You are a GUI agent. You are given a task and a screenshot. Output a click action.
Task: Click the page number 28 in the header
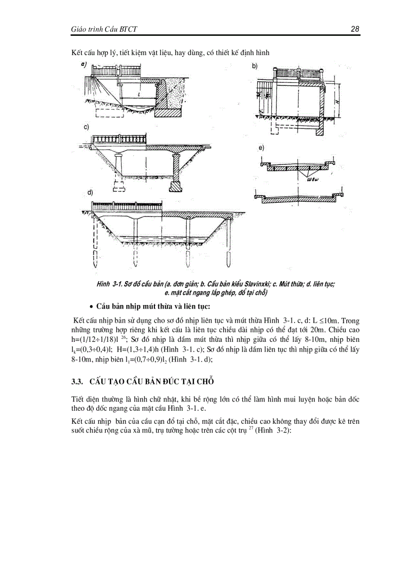(x=354, y=29)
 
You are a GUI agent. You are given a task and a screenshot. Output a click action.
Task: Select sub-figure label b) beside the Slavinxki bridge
(x=255, y=66)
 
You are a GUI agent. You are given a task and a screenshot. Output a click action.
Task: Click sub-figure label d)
(x=89, y=194)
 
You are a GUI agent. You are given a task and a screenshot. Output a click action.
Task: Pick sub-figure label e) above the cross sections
(x=261, y=148)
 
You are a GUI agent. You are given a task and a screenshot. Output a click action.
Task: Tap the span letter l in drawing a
(x=138, y=95)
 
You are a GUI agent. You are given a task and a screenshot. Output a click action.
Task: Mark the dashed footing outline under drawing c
(x=119, y=190)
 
